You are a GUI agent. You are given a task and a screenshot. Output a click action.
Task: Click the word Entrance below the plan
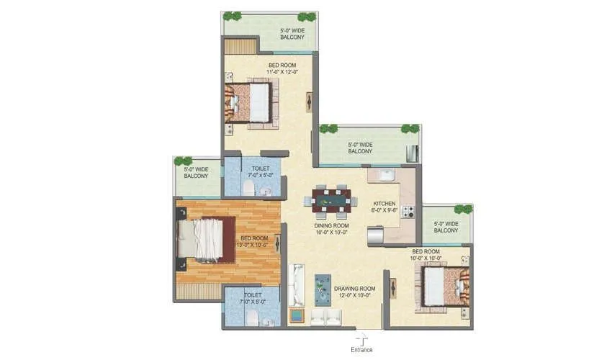coord(361,350)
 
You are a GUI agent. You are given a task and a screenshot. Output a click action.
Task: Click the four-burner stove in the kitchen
coord(408,212)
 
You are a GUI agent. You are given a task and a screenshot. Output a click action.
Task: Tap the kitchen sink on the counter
coord(384,175)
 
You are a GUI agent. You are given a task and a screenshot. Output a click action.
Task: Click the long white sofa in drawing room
coord(296,284)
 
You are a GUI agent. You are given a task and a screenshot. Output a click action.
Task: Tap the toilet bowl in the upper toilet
coord(248,188)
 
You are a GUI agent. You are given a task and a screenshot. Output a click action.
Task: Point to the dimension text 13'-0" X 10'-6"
coord(253,245)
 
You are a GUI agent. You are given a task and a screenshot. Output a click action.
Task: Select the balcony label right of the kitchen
coord(446,227)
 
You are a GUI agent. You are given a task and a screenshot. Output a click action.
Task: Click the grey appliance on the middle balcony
coord(412,153)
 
